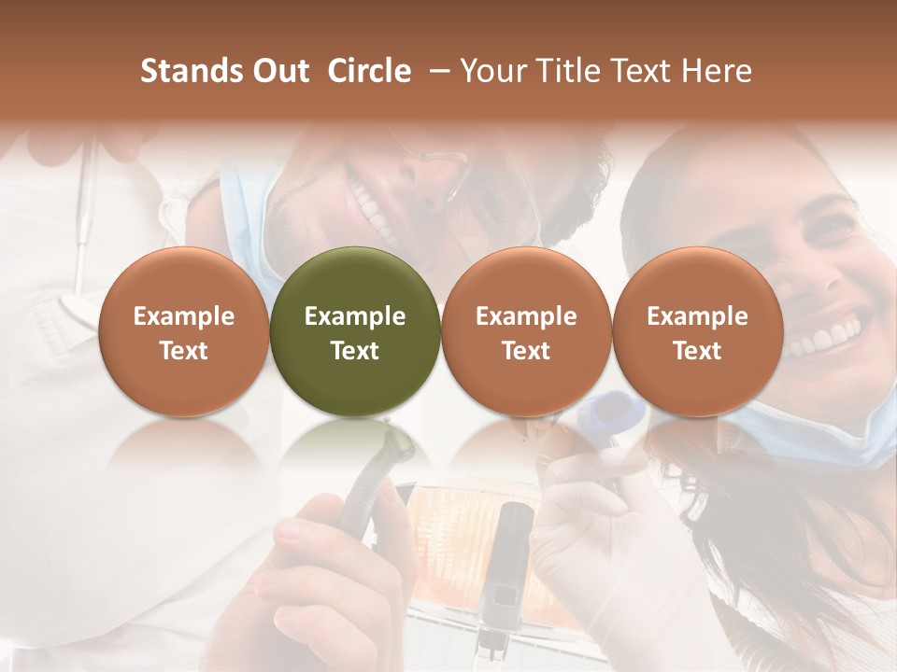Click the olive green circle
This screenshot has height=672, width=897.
355,331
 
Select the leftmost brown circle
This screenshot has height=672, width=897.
184,331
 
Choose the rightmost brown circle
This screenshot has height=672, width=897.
698,331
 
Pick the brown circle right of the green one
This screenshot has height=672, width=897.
526,331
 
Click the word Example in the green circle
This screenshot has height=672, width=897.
355,316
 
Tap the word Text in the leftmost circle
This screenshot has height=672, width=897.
184,351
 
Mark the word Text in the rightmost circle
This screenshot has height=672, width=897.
698,351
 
